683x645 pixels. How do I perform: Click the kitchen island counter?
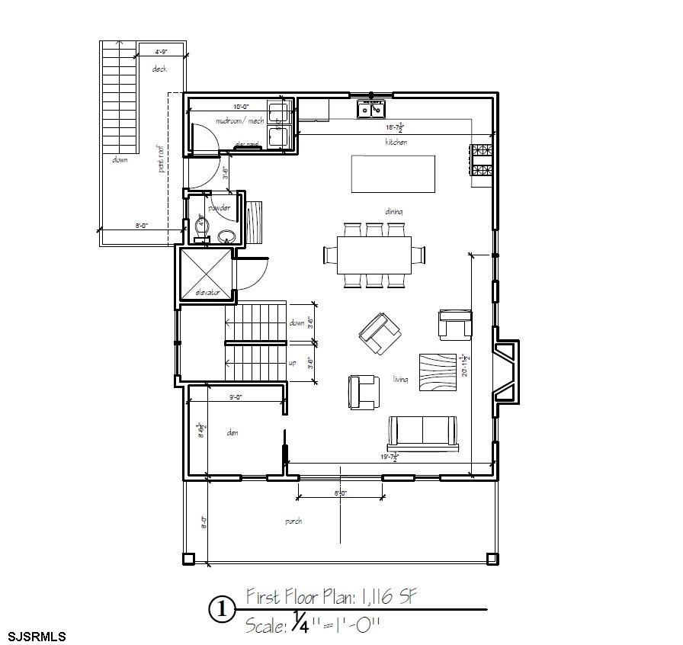click(393, 175)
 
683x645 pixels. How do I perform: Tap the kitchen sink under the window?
click(371, 111)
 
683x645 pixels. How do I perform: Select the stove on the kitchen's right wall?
click(482, 159)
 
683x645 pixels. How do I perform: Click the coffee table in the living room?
click(438, 372)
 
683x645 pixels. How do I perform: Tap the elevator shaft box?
click(204, 273)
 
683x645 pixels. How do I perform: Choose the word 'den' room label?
click(233, 432)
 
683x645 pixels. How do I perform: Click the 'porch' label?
click(293, 521)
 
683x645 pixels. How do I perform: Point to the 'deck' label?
click(159, 69)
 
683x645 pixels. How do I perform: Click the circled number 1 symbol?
click(222, 610)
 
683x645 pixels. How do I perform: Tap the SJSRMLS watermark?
click(37, 636)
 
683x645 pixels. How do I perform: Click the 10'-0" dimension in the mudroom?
click(242, 107)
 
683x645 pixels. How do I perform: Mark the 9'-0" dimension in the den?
click(236, 397)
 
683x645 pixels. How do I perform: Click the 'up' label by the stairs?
click(292, 363)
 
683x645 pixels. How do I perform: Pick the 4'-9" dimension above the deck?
click(161, 53)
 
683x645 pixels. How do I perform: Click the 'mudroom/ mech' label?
click(239, 121)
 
